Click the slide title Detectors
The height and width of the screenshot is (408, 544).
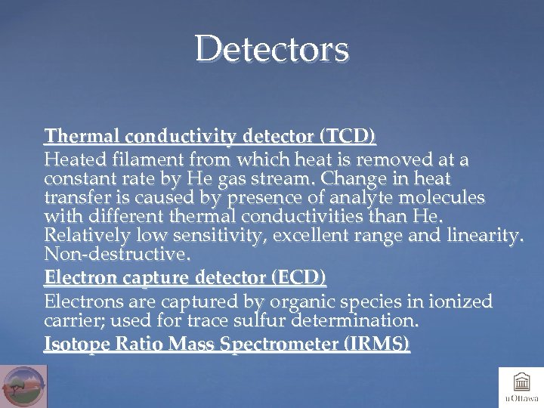tap(272, 49)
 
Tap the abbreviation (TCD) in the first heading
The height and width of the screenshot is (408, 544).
tap(348, 137)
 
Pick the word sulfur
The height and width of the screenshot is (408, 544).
tap(255, 321)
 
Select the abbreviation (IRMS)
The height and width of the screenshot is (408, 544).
tap(376, 345)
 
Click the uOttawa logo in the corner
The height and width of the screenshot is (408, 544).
tap(521, 387)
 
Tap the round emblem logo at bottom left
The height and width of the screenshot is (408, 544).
tap(23, 386)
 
